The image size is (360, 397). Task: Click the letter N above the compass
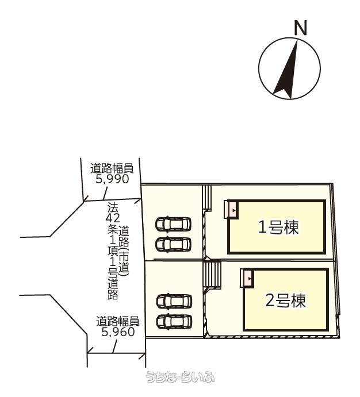click(300, 28)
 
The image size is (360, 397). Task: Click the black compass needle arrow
click(286, 70)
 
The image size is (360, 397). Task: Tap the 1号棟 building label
click(278, 227)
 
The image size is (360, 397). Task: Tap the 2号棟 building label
click(286, 300)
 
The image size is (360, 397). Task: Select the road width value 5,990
click(113, 179)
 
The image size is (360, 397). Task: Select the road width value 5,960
click(118, 332)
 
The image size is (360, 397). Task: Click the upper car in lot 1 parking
click(174, 224)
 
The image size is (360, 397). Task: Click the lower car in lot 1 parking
click(174, 244)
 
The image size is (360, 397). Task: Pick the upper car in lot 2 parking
click(174, 301)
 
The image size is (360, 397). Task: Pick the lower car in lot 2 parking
click(174, 322)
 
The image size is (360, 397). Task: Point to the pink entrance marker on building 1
click(230, 209)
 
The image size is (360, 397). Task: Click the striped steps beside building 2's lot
click(212, 274)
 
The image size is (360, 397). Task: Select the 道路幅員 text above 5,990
click(112, 168)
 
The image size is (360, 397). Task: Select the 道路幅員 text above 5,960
click(117, 321)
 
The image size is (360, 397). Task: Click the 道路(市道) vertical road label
click(124, 251)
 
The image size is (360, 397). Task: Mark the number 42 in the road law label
click(113, 218)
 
